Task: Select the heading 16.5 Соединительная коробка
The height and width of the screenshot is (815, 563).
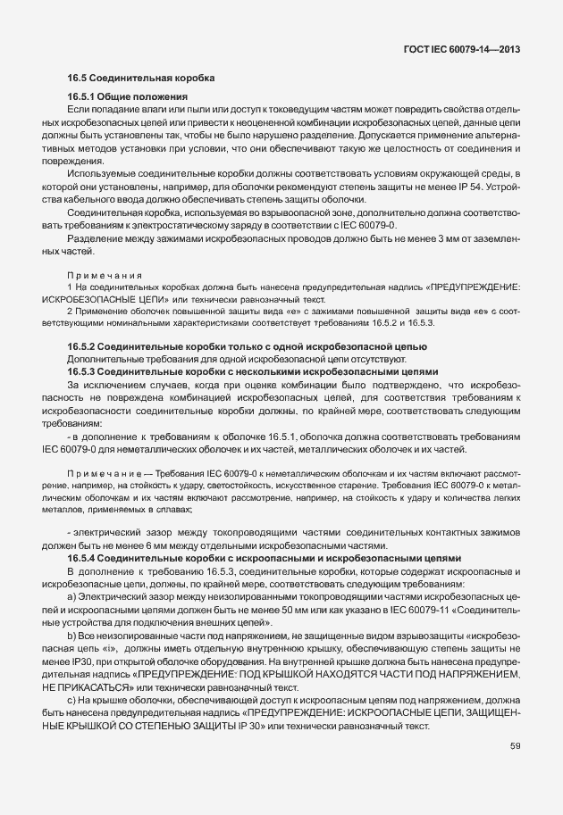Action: (141, 78)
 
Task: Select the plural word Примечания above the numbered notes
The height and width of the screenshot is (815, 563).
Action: (101, 276)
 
